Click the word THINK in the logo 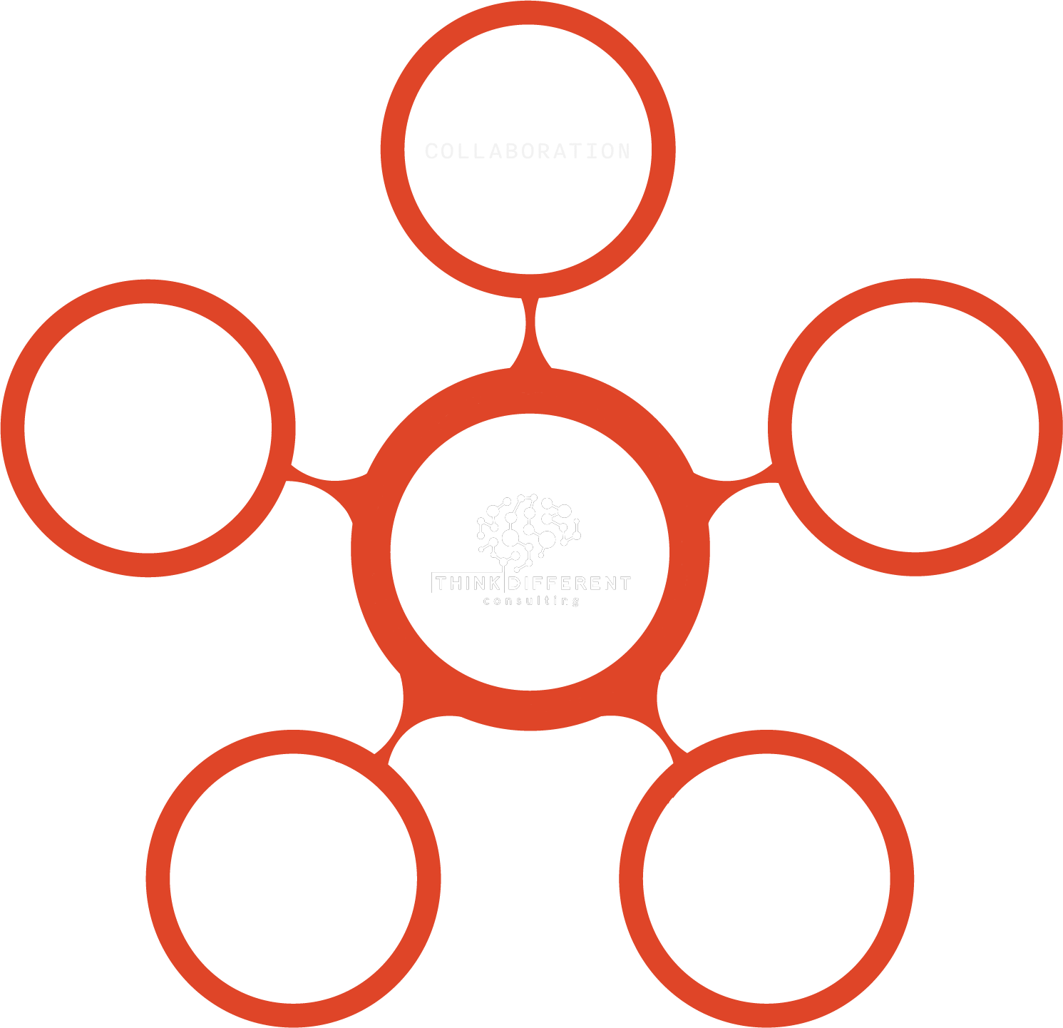click(468, 584)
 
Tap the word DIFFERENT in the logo click(570, 584)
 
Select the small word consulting click(531, 601)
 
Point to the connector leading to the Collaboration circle click(530, 332)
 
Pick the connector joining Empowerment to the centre click(667, 728)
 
